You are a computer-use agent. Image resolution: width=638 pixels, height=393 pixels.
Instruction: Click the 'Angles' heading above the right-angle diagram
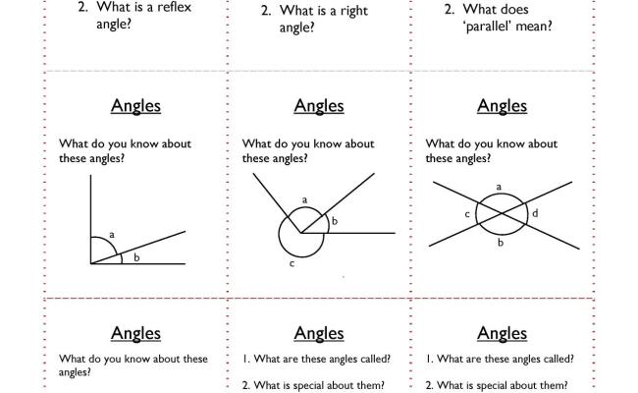tap(136, 106)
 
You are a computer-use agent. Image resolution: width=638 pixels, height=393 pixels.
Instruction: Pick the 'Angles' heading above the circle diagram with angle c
tap(319, 106)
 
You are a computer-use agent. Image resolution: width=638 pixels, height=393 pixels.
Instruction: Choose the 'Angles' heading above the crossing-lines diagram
tap(502, 106)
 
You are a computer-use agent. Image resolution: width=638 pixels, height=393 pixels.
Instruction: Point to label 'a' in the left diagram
tap(112, 235)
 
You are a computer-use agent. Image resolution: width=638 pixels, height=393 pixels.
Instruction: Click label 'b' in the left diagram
tap(136, 257)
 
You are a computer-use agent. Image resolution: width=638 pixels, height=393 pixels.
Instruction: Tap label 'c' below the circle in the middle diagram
tap(292, 264)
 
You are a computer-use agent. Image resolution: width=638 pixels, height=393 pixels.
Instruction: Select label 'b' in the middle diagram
tap(334, 222)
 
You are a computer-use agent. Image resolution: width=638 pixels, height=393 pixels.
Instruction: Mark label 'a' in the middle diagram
tap(304, 200)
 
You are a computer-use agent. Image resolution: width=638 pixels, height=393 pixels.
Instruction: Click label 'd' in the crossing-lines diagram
tap(535, 213)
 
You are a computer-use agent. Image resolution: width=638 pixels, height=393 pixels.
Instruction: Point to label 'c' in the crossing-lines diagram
tap(466, 214)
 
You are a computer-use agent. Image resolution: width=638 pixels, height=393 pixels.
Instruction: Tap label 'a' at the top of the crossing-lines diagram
tap(500, 187)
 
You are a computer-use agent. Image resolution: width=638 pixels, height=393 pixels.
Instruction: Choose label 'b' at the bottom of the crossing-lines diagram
tap(500, 243)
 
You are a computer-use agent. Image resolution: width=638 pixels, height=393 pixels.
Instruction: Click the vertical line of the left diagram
tap(90, 216)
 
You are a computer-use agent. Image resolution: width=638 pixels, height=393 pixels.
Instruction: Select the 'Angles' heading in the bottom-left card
tap(136, 334)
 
